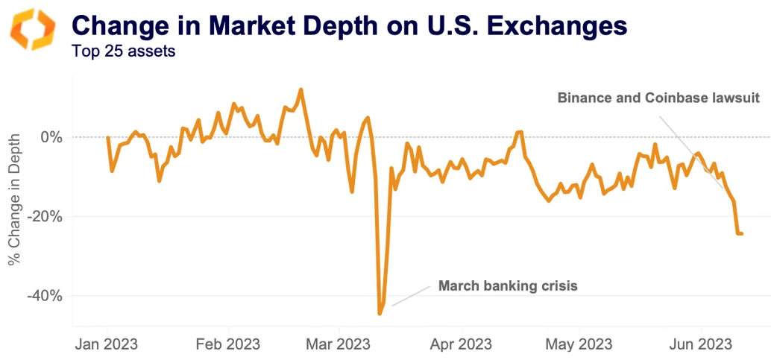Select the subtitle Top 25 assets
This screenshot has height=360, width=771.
123,53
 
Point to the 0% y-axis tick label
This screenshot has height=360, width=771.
51,137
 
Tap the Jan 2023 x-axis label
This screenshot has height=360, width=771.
107,344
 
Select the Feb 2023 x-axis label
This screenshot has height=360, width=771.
228,344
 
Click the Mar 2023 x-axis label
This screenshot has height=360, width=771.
339,344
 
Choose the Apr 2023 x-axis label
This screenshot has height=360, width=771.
461,344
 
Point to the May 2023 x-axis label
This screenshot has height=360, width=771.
579,344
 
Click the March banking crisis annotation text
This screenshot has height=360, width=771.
508,285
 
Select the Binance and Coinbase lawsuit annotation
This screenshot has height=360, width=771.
658,98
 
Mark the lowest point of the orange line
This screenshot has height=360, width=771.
380,314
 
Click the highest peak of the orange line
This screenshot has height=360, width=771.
300,89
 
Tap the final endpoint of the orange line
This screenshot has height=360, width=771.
741,233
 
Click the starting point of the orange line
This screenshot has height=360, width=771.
107,138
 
